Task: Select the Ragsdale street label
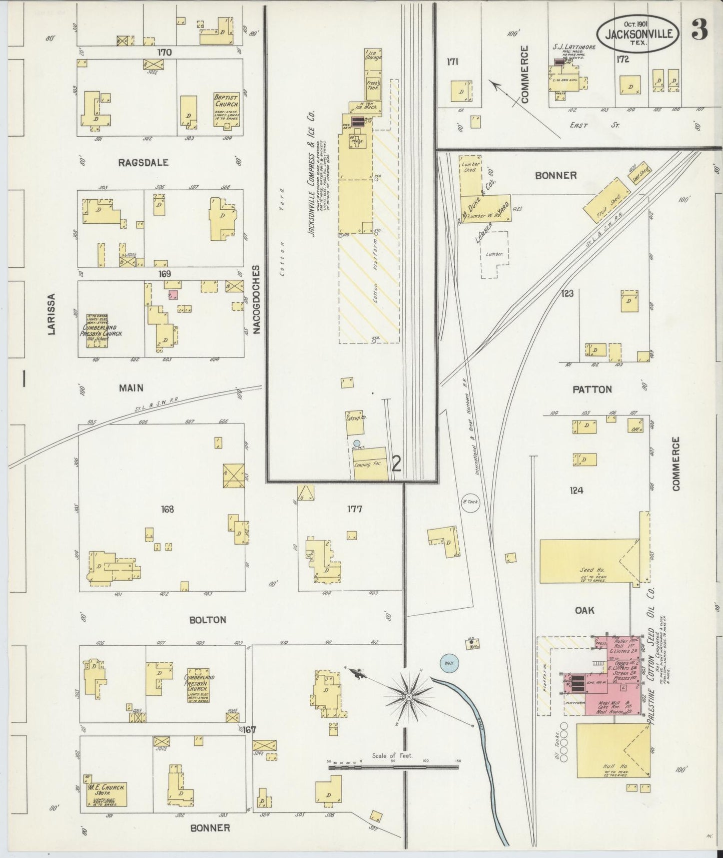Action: coord(143,162)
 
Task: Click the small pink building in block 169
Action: coord(174,295)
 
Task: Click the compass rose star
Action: coord(409,696)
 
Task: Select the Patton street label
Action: coord(592,389)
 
